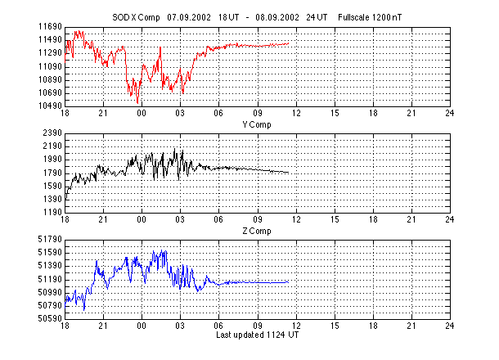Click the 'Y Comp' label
pos(257,124)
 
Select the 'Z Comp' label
pos(257,231)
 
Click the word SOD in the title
pos(119,16)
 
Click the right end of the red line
pos(289,43)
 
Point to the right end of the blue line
pos(289,281)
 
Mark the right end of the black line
pos(289,172)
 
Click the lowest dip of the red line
pos(138,103)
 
